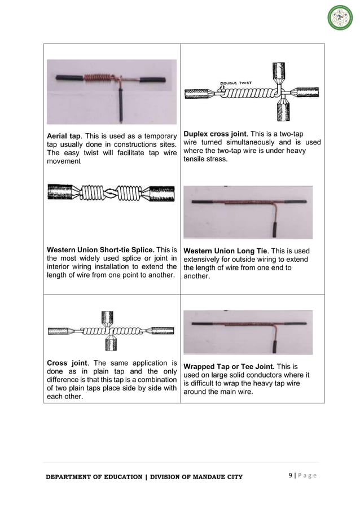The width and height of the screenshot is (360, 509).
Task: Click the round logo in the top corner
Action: [340, 17]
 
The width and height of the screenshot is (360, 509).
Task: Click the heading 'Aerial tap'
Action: [64, 135]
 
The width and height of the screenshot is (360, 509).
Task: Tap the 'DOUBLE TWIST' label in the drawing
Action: [236, 82]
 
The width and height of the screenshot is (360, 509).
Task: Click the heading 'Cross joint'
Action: [67, 362]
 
